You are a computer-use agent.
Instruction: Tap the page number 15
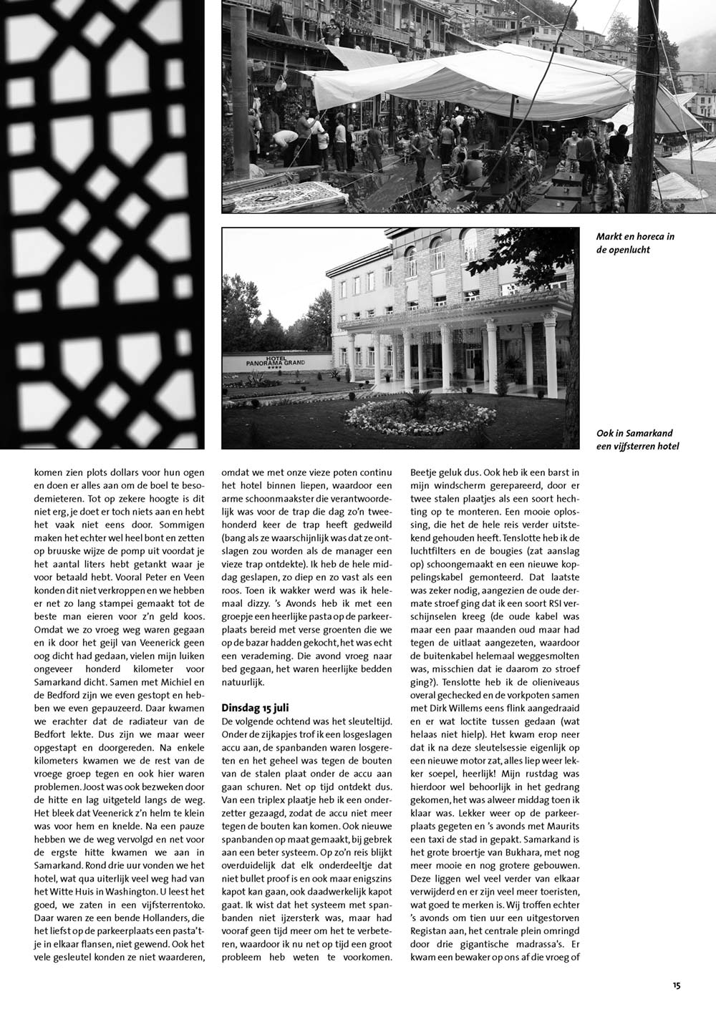point(677,986)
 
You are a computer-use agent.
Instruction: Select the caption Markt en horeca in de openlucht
point(635,243)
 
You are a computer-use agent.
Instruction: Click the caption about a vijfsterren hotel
point(637,440)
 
